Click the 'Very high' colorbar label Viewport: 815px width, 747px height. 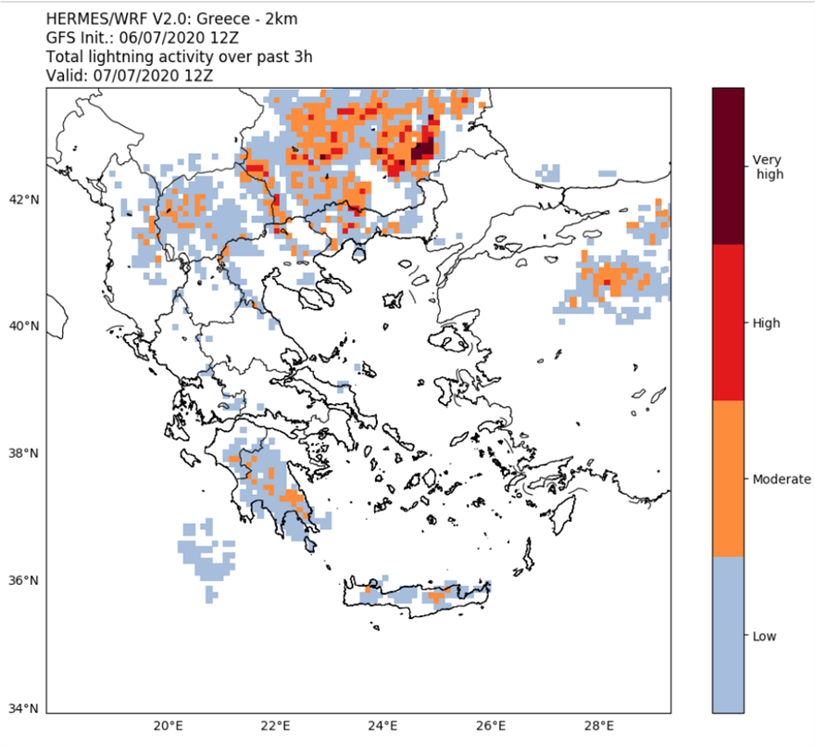point(767,167)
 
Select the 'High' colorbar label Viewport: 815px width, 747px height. point(766,323)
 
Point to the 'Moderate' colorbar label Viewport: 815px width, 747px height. point(782,479)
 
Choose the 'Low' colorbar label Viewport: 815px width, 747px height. point(764,636)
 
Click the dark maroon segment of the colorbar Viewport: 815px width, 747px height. point(728,166)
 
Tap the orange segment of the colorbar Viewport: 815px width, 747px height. point(728,478)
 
